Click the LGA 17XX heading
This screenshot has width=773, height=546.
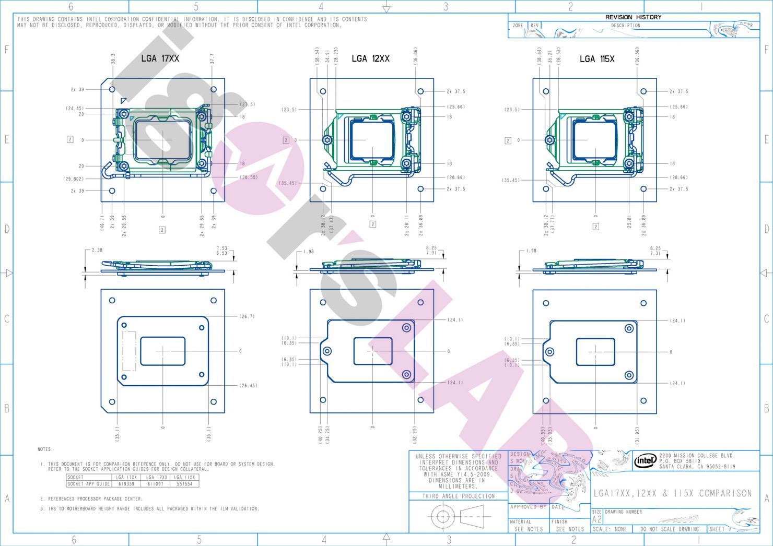(160, 58)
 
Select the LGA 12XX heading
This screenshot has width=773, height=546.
(370, 58)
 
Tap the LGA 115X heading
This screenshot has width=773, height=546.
(596, 59)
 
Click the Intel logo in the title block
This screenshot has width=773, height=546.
(645, 460)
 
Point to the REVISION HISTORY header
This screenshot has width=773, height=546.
(633, 17)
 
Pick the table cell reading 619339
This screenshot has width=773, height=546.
(126, 484)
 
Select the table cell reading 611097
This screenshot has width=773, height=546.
(156, 484)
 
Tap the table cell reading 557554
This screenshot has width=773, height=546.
(184, 484)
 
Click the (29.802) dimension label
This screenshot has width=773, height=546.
(73, 179)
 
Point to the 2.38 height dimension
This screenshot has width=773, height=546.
(97, 250)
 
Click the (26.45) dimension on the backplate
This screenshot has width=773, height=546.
(248, 386)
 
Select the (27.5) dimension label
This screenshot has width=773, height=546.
(248, 104)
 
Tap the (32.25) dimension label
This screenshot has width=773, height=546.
(415, 435)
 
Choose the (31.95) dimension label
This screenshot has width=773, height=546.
(637, 435)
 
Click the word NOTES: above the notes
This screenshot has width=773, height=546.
(45, 449)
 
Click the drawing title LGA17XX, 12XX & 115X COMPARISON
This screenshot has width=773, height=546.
(673, 493)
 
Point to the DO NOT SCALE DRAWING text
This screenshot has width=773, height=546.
(669, 529)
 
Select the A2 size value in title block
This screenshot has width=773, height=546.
(596, 520)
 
